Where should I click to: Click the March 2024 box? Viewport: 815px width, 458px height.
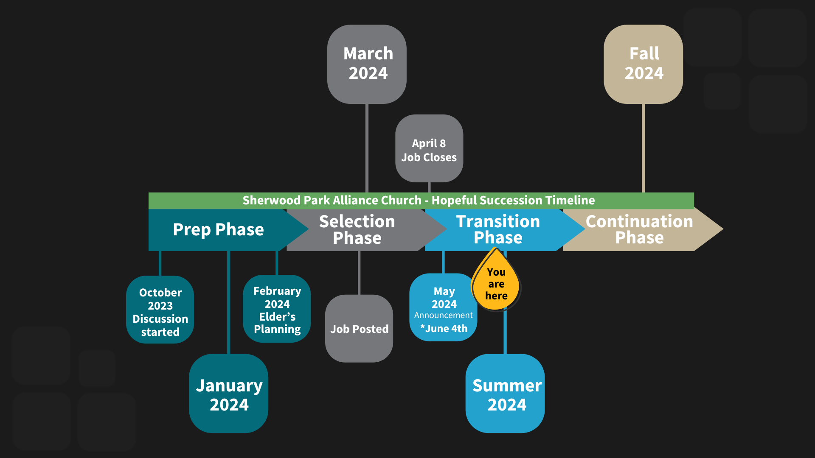coord(367,64)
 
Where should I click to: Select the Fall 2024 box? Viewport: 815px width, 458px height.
coord(644,64)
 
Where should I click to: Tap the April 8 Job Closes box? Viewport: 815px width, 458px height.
coord(429,148)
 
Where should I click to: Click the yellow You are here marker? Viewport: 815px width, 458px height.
coord(496,280)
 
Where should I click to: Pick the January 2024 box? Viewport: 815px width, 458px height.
coord(229,394)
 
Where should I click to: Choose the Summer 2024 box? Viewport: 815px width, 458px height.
coord(505,394)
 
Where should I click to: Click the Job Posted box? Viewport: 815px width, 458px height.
coord(359,329)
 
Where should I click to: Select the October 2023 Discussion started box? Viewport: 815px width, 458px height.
coord(160,310)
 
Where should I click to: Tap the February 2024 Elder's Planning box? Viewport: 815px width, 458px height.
coord(277,309)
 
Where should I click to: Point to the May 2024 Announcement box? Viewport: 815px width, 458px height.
coord(443,307)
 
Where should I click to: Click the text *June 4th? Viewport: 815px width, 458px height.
coord(444,329)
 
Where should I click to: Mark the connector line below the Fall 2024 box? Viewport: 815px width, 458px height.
coord(644,148)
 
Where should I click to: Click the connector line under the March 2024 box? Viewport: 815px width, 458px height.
coord(367,148)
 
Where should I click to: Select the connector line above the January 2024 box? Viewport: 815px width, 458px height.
coord(229,302)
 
